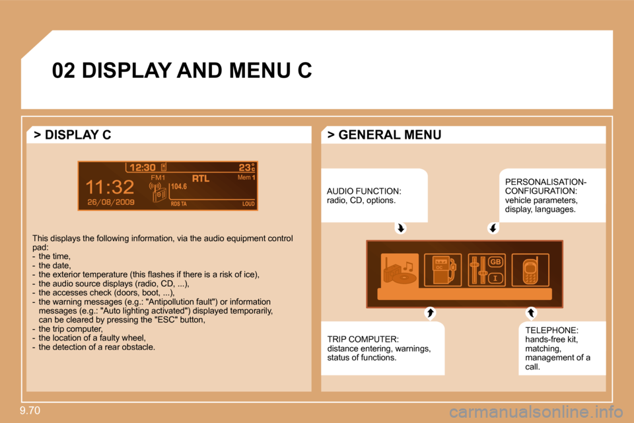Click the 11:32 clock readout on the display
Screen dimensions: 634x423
[110, 188]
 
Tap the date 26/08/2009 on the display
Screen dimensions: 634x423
[111, 202]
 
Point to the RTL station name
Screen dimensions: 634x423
[201, 178]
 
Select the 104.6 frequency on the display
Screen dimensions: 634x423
[179, 186]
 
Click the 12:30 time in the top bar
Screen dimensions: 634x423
[143, 168]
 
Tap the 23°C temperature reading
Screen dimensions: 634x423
[246, 167]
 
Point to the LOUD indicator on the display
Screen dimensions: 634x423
[249, 204]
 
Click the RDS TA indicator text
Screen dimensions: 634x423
[179, 204]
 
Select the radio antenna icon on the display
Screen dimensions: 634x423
[158, 192]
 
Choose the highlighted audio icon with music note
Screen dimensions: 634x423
[400, 270]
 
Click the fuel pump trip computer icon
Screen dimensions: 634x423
[442, 270]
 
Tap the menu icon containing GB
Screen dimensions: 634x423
[487, 270]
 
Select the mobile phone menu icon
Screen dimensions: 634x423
[530, 270]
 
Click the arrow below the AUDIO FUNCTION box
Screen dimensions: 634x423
[401, 228]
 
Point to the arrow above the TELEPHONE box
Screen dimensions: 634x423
[531, 313]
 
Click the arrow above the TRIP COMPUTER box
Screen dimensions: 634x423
[430, 313]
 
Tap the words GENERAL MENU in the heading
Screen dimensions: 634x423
[390, 135]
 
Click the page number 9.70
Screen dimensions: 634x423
[30, 410]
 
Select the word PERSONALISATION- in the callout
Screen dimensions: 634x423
[546, 182]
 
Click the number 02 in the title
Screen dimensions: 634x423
[63, 71]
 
